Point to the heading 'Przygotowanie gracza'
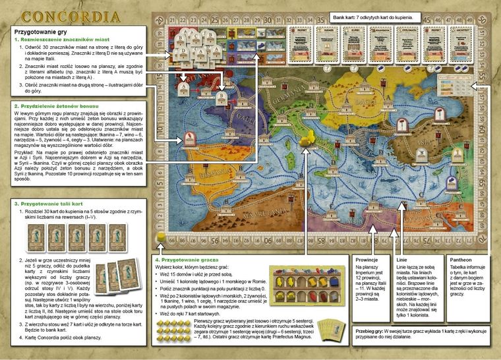pyautogui.click(x=191, y=259)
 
